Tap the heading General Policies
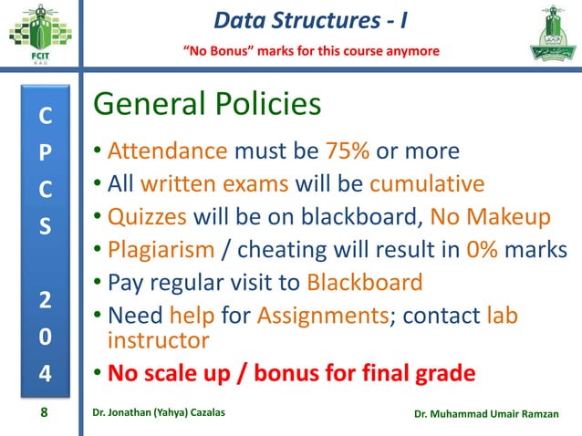pyautogui.click(x=208, y=105)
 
